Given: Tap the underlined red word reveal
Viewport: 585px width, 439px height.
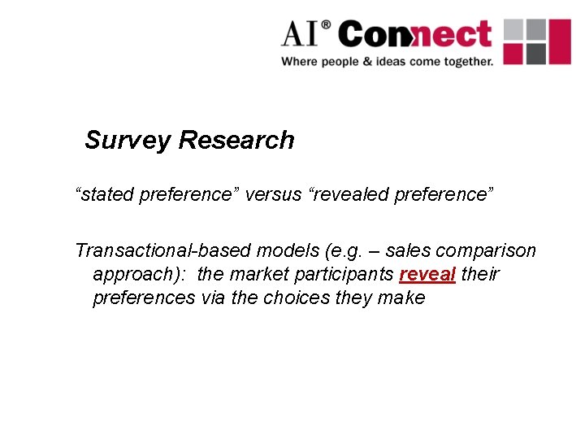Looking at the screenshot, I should pos(427,275).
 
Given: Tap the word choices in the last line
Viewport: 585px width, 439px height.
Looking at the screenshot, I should pos(295,298).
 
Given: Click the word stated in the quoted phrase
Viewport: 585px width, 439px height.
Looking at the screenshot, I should pos(105,195).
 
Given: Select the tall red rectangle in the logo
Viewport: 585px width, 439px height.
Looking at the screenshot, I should pos(560,42).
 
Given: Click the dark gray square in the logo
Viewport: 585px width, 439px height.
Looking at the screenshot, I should pos(535,54).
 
